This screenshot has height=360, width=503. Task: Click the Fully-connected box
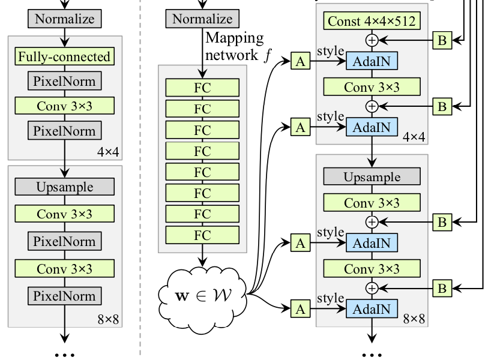(x=65, y=57)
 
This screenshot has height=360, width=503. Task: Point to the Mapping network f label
(x=235, y=46)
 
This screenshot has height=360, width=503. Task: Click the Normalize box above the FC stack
(x=202, y=19)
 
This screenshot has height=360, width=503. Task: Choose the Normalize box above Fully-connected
(x=65, y=19)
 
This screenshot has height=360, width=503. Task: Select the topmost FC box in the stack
(x=202, y=88)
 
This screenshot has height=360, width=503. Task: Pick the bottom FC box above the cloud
(x=202, y=235)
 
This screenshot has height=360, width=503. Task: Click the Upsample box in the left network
(x=65, y=187)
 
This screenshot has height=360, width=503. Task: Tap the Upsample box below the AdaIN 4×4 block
(x=372, y=176)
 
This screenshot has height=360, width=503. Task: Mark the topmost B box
(x=442, y=40)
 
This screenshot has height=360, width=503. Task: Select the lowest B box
(x=442, y=288)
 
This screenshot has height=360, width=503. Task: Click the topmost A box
(x=300, y=60)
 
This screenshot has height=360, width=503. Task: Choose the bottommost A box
(x=300, y=309)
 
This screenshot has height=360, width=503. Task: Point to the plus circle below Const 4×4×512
(x=372, y=41)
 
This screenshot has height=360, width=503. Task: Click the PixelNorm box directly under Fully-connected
(x=65, y=80)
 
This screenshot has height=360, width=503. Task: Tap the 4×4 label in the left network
(x=109, y=152)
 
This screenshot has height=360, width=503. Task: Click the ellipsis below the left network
(x=65, y=354)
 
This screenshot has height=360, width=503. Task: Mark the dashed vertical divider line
(x=140, y=180)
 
